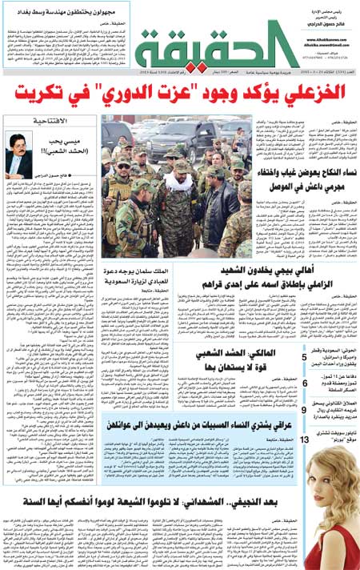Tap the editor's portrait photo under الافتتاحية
click(22, 151)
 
